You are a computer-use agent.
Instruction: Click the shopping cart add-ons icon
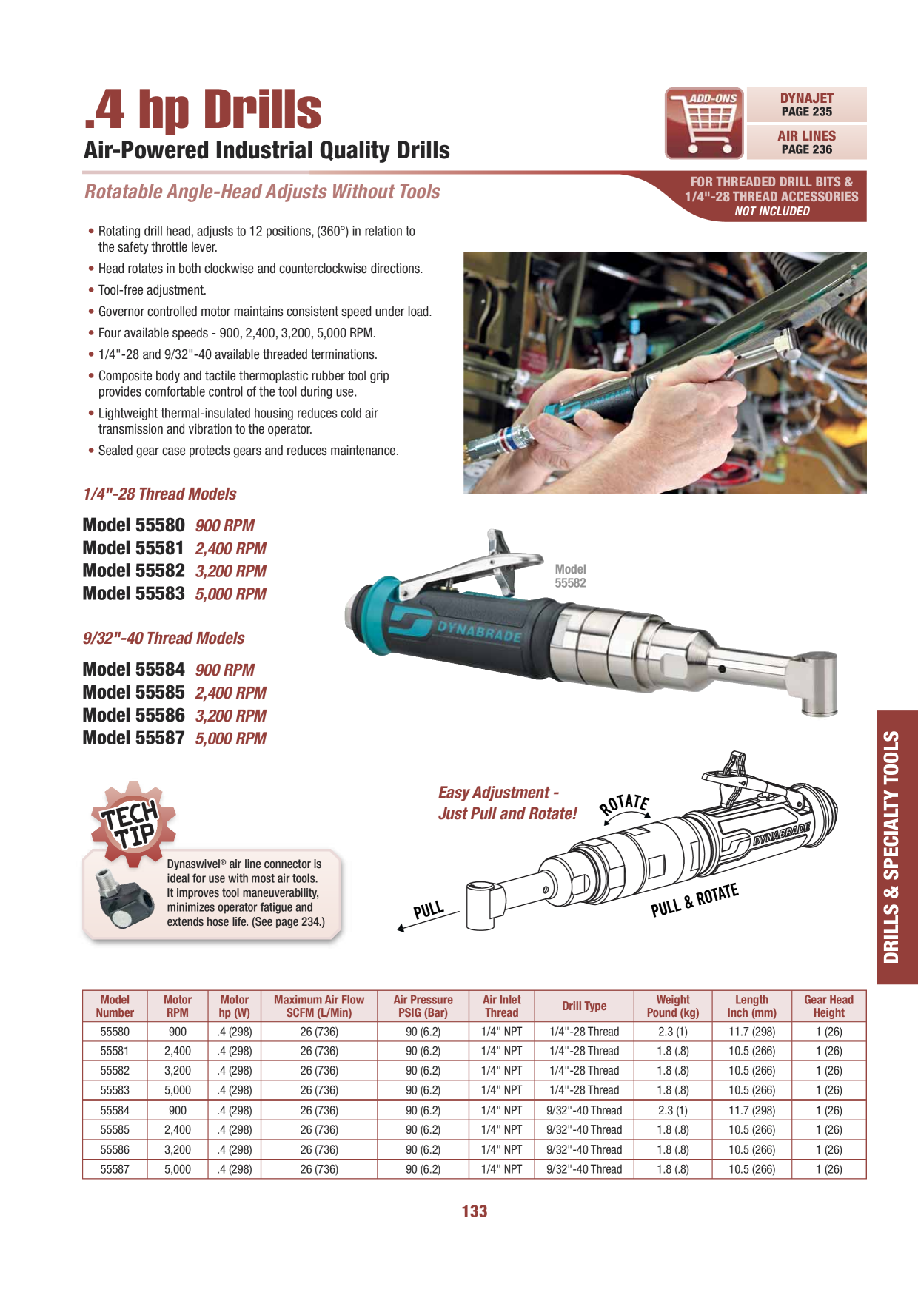click(x=704, y=124)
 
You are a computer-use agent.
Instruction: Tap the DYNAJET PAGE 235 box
click(x=806, y=105)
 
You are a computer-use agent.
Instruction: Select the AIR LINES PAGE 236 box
click(x=806, y=143)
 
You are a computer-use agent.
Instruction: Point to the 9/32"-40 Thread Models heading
click(x=164, y=638)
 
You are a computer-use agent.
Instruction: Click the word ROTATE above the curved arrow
click(x=625, y=804)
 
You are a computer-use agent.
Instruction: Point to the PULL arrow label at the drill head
click(x=429, y=910)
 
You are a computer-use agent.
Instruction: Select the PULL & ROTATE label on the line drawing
click(x=694, y=900)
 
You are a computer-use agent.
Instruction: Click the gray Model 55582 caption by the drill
click(x=571, y=576)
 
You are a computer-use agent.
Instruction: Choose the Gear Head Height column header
click(x=829, y=1006)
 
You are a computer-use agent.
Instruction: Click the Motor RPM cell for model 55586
click(x=178, y=1149)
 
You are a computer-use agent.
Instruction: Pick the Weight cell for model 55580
click(x=673, y=1032)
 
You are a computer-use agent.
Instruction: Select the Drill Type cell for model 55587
click(x=584, y=1169)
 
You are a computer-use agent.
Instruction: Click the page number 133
click(x=475, y=1211)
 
